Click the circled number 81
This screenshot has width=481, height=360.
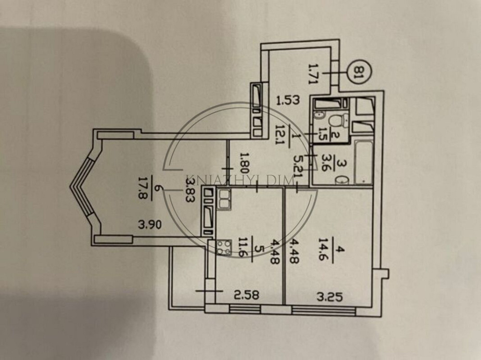(357, 74)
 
